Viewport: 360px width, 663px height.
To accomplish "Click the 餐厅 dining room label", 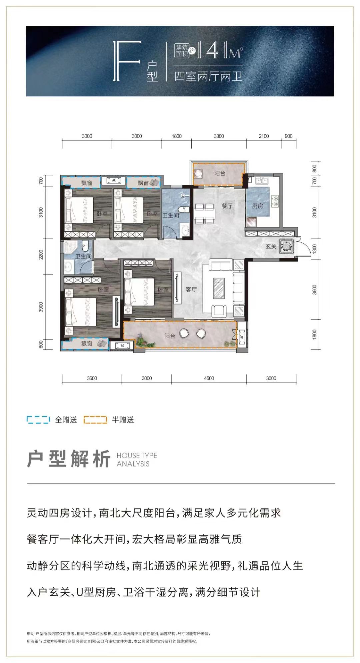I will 227,206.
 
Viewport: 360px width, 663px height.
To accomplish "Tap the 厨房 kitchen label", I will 257,206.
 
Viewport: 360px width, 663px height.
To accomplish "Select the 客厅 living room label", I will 191,289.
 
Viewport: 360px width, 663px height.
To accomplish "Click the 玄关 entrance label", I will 271,246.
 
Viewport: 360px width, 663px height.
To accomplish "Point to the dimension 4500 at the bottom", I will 209,378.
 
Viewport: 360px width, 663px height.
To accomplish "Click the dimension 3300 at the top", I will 219,136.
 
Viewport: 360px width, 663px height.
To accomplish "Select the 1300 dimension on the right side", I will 314,248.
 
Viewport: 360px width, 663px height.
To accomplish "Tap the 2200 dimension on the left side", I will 41,254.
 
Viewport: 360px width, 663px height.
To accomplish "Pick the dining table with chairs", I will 204,213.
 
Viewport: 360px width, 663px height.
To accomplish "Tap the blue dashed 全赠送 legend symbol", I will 38,420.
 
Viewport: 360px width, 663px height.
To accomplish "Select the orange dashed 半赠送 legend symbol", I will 95,420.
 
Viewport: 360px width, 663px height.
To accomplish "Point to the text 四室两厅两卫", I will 208,76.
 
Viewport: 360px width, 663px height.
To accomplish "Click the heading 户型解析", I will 69,459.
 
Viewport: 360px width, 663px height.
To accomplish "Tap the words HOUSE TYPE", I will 137,456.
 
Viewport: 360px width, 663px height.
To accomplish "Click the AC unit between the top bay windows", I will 114,180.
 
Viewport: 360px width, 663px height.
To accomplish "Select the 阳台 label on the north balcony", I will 220,173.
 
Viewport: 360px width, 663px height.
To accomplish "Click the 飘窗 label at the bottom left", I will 87,344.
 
